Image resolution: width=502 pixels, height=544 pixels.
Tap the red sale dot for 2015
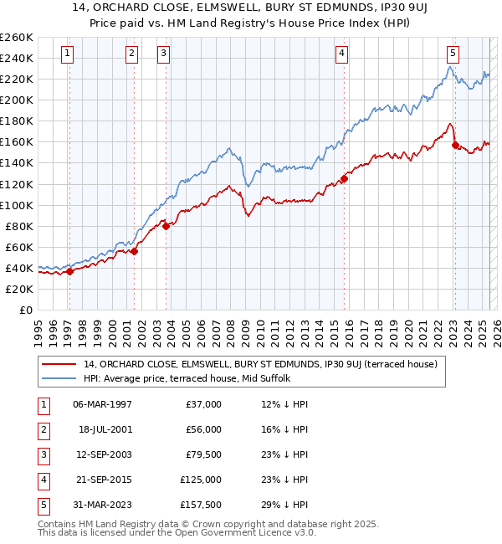(x=344, y=178)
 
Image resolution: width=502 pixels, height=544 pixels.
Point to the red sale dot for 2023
(x=455, y=145)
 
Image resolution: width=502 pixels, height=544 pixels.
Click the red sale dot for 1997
(x=69, y=270)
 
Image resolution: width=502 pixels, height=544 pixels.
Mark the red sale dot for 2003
(x=166, y=226)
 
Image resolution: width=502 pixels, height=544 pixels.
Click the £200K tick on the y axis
(x=16, y=100)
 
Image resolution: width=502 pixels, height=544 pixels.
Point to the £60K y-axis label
(x=18, y=247)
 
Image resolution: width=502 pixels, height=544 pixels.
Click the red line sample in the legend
(x=59, y=364)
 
